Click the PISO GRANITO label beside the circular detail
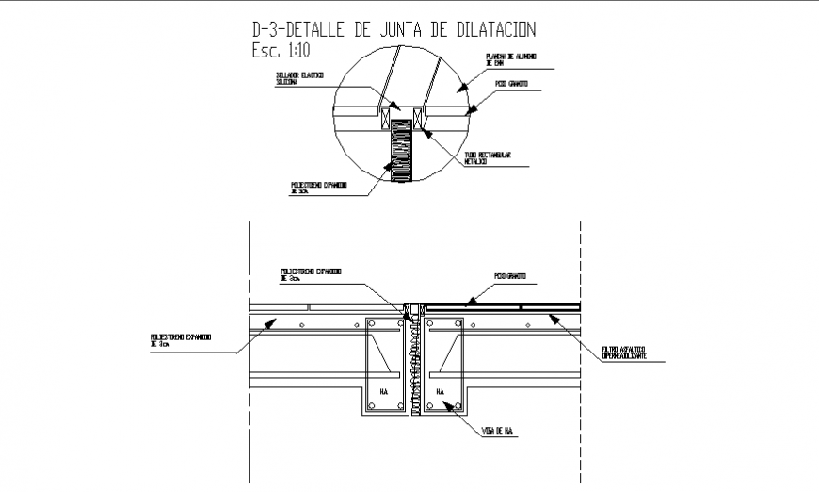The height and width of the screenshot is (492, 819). pos(511,84)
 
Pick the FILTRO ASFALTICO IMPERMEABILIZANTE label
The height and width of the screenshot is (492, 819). pos(630,355)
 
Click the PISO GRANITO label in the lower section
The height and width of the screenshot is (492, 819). pos(510,277)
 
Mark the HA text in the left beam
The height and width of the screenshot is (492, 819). pos(384,390)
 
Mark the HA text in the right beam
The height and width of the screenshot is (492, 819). pos(439,390)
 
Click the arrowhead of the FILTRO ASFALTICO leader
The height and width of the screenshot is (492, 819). pos(552,318)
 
